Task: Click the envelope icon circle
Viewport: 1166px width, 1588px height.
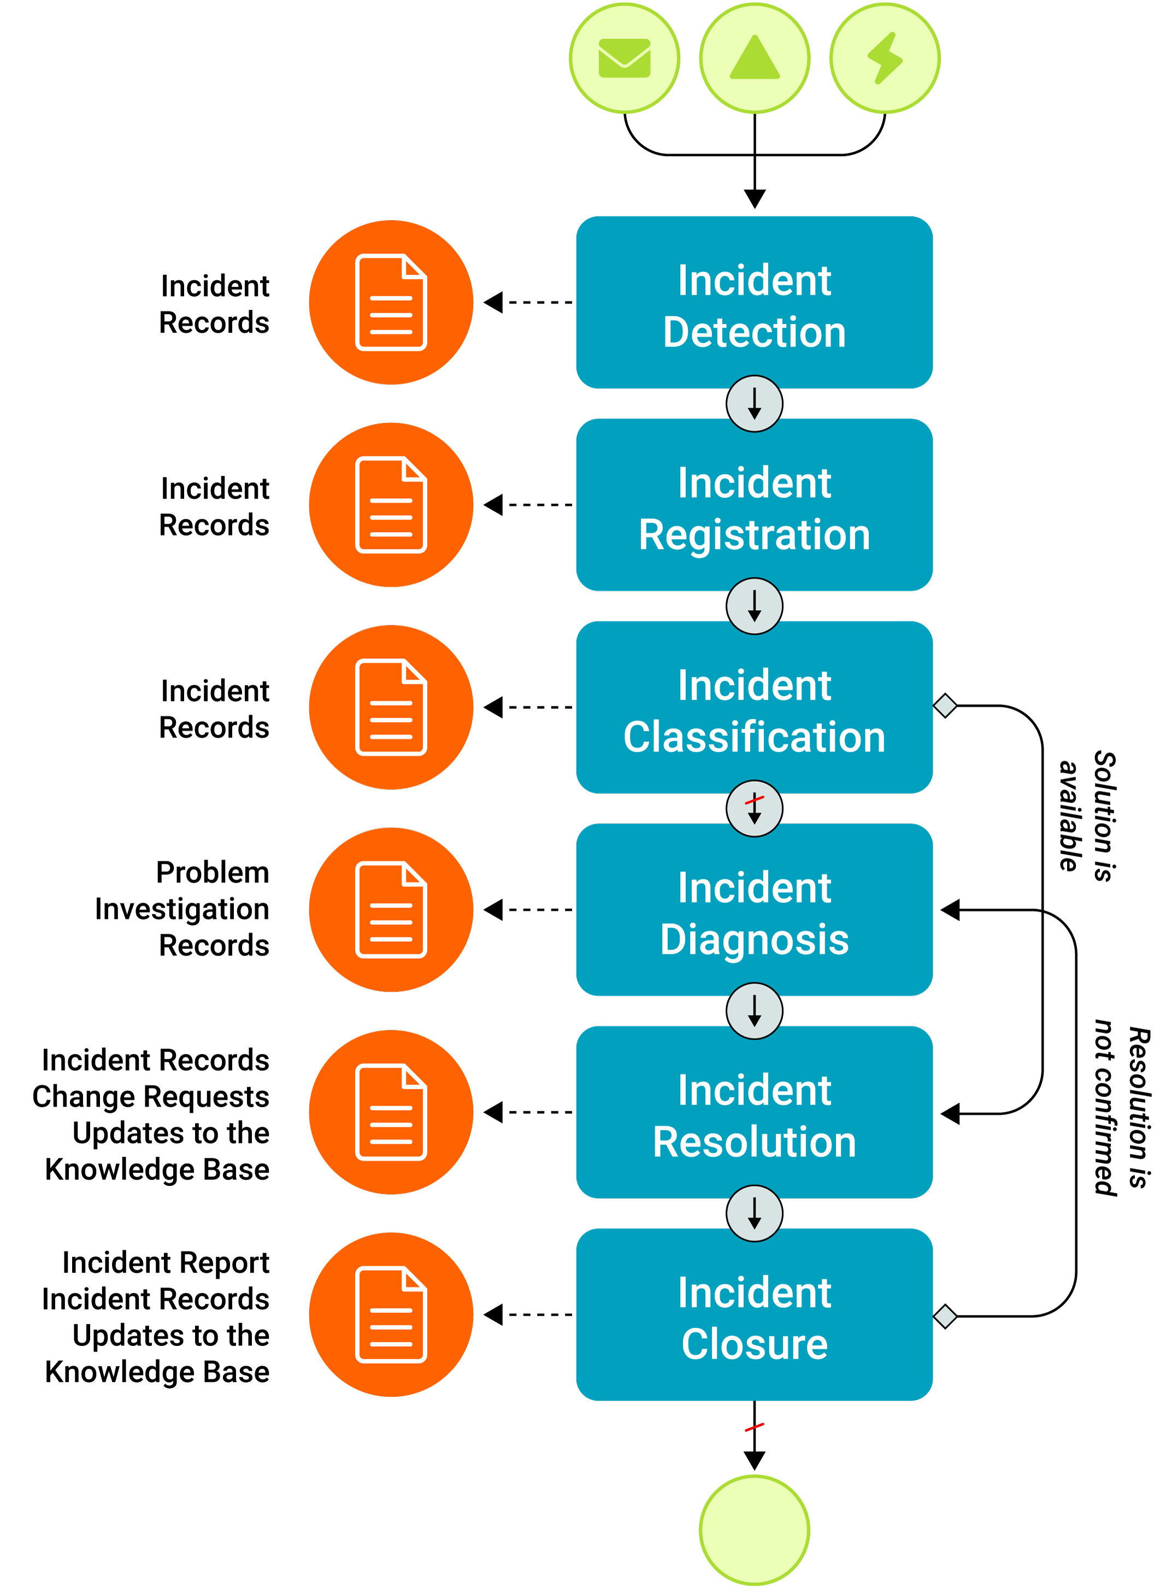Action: (x=624, y=58)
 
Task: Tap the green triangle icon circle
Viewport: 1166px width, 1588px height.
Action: (x=754, y=58)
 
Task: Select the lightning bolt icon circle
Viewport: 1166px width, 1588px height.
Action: (x=885, y=58)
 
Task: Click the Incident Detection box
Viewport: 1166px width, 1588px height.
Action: (x=754, y=303)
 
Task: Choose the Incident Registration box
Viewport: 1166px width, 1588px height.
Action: (x=754, y=505)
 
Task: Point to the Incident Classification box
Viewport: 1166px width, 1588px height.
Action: (x=754, y=707)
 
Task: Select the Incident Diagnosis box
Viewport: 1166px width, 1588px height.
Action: (x=754, y=910)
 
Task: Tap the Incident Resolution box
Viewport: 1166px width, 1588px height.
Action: (x=754, y=1113)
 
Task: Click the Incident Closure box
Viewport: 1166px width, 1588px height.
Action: (x=754, y=1315)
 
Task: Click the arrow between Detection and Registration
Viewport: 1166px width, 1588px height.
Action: (x=754, y=404)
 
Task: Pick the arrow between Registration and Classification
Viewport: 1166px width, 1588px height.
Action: (x=754, y=606)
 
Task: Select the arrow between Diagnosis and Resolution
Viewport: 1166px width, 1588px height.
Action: (x=754, y=1011)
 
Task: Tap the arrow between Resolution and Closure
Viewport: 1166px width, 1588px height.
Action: (x=754, y=1213)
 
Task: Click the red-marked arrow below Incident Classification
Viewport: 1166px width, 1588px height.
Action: (x=754, y=808)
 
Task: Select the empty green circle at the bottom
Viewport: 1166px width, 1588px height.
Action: (x=754, y=1530)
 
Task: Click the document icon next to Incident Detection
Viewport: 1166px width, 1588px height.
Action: (x=391, y=303)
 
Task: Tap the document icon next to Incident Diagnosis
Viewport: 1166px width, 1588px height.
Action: (x=391, y=910)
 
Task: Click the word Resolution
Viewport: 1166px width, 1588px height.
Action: (x=754, y=1142)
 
